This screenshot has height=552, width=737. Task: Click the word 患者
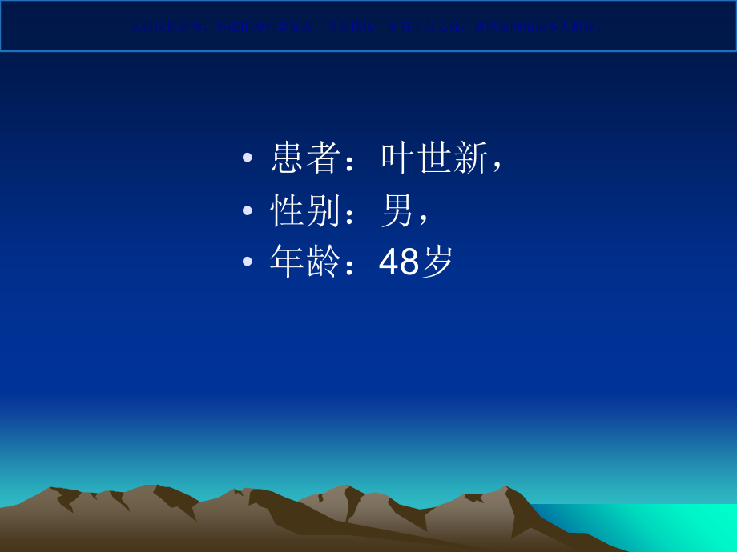coord(306,158)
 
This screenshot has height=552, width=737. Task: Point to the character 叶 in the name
coord(398,158)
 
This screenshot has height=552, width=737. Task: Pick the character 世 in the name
coord(434,158)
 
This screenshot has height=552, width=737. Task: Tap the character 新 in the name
coord(470,158)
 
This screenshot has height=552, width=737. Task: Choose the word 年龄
coord(306,262)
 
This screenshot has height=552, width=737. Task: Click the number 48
coord(399,262)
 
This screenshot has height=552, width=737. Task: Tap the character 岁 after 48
coord(437,262)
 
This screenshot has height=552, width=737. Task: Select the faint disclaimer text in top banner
coord(368,26)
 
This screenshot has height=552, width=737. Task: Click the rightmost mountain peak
coord(505,488)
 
